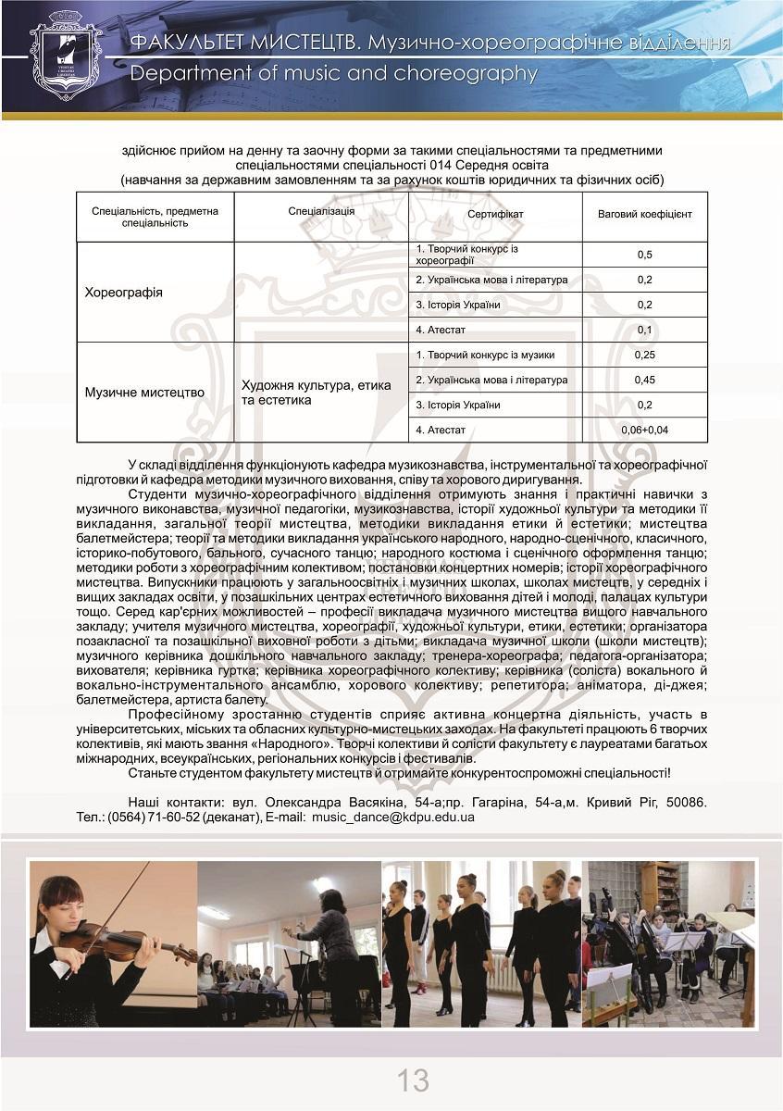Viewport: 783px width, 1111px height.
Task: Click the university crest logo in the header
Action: tap(65, 56)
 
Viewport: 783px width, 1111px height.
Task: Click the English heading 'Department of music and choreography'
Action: tap(333, 74)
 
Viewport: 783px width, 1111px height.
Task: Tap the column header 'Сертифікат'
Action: tap(495, 214)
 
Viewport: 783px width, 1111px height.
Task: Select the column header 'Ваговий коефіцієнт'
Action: tap(644, 214)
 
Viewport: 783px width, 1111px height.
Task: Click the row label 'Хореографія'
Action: tap(123, 293)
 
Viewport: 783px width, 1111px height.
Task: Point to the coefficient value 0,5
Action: tap(644, 255)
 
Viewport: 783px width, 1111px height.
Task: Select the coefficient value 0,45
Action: tap(644, 380)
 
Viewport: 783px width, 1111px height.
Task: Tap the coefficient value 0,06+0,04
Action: tap(644, 430)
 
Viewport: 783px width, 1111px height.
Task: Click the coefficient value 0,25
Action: tap(644, 355)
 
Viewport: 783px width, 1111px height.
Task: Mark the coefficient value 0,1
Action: tap(644, 330)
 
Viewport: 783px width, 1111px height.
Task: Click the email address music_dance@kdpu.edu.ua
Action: tap(392, 818)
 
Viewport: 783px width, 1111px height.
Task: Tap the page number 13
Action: tap(413, 1080)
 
